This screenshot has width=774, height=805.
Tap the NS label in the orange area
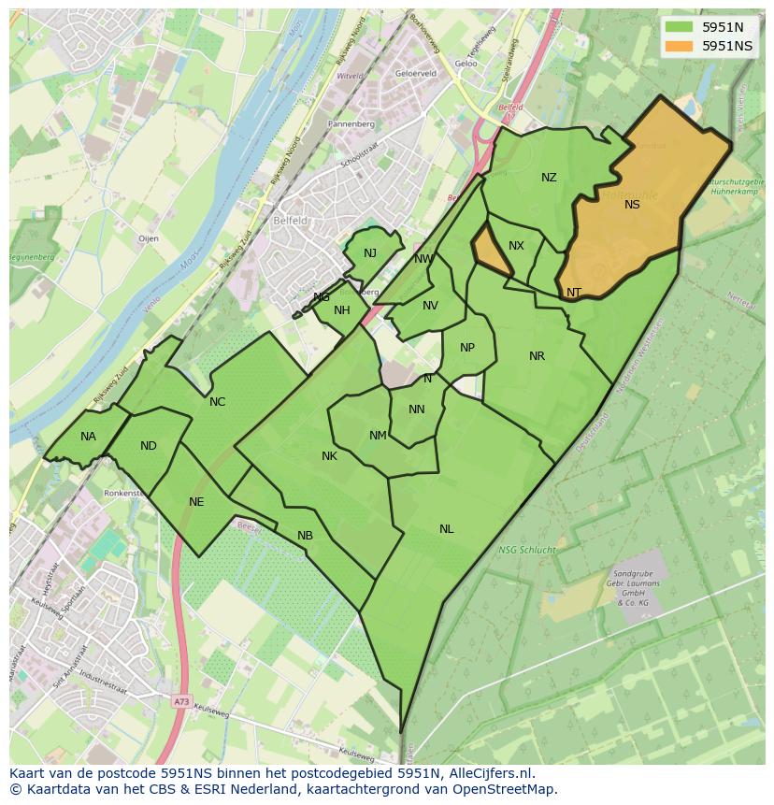pyautogui.click(x=632, y=205)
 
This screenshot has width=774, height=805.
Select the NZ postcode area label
pyautogui.click(x=549, y=178)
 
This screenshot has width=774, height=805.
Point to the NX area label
pyautogui.click(x=516, y=246)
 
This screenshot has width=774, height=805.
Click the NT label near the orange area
pyautogui.click(x=574, y=293)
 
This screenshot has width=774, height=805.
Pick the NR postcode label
pyautogui.click(x=537, y=356)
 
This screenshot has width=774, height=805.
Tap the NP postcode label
pyautogui.click(x=467, y=348)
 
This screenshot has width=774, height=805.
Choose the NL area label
pyautogui.click(x=447, y=529)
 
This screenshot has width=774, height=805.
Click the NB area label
pyautogui.click(x=305, y=536)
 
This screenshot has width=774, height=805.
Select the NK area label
pyautogui.click(x=329, y=456)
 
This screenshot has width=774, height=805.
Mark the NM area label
pyautogui.click(x=378, y=436)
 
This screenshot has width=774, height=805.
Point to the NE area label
pyautogui.click(x=196, y=502)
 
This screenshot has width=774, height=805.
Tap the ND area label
pyautogui.click(x=149, y=446)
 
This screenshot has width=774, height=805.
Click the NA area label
pyautogui.click(x=88, y=437)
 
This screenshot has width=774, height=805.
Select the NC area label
pyautogui.click(x=217, y=402)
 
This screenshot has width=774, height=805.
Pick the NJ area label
pyautogui.click(x=370, y=253)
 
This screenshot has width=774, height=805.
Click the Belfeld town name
pyautogui.click(x=290, y=221)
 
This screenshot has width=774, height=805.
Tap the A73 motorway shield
pyautogui.click(x=180, y=700)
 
